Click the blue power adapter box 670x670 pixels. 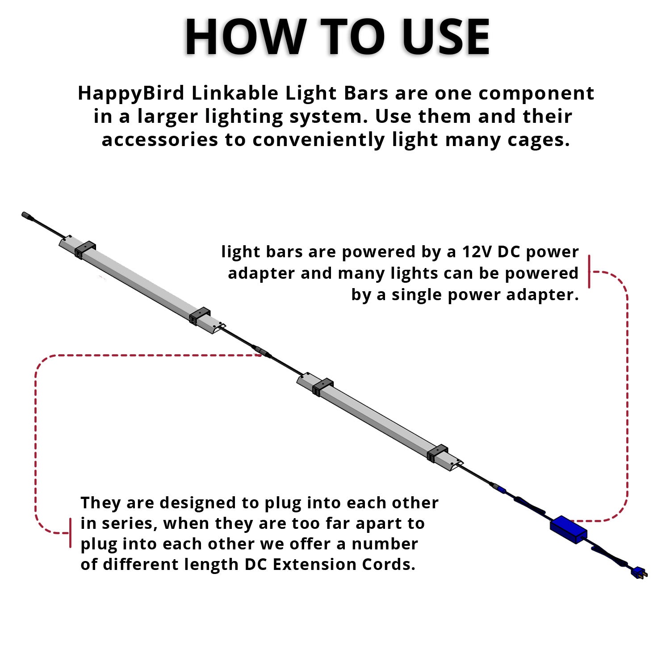point(569,529)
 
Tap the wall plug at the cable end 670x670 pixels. point(640,573)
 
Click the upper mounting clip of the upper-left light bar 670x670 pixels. point(85,249)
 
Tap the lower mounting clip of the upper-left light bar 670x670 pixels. point(200,316)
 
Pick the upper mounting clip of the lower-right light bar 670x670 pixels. point(323,387)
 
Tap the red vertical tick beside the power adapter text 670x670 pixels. point(589,272)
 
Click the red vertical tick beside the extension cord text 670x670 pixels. point(70,533)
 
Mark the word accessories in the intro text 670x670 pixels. point(160,140)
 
